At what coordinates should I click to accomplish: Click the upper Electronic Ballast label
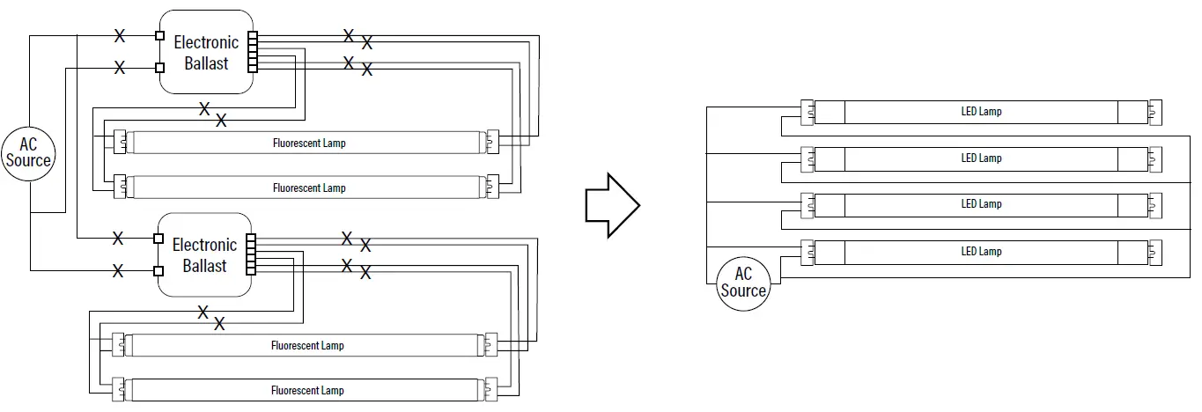[206, 53]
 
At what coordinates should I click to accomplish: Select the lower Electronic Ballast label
[204, 255]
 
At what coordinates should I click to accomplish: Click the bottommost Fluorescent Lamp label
[306, 390]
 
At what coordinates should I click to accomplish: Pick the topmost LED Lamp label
[981, 112]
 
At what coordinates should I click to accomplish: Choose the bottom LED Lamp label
[981, 252]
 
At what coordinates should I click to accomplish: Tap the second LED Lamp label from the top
[981, 158]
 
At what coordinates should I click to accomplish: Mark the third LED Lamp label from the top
[981, 204]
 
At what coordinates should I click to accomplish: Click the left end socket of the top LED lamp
[807, 112]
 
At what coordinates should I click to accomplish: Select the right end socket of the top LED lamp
[1154, 112]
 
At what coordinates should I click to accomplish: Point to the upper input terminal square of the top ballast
[159, 36]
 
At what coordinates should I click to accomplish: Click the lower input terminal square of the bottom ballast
[159, 270]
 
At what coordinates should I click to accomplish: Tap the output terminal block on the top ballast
[254, 52]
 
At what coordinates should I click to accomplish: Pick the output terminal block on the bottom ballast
[252, 254]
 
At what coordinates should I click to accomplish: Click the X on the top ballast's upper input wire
[120, 36]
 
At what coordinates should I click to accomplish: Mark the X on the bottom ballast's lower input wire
[118, 271]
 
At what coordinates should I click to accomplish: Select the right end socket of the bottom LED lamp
[1154, 252]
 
